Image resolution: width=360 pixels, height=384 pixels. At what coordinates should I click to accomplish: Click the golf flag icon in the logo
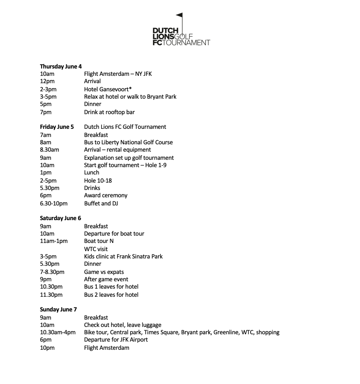coord(179,19)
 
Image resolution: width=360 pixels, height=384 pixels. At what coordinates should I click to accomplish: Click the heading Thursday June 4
coord(61,66)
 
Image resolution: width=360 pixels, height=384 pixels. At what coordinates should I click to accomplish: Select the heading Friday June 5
coord(57,127)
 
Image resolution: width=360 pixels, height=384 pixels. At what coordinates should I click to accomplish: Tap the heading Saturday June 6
coord(60,218)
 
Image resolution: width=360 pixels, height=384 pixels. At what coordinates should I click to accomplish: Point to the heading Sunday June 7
coord(58,309)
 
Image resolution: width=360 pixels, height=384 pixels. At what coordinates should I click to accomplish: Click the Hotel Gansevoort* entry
coord(108,89)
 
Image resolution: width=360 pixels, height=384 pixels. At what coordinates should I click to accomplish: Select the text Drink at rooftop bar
coord(109,112)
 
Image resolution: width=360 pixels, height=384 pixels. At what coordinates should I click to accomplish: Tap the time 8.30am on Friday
coord(49,150)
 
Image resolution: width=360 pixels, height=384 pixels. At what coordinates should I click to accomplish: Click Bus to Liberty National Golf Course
coord(128,142)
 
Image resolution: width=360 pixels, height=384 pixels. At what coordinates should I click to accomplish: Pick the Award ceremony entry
coord(106,195)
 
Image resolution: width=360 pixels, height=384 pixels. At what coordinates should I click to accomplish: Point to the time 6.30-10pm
coord(54,203)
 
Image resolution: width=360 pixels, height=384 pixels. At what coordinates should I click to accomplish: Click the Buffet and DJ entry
coord(101,203)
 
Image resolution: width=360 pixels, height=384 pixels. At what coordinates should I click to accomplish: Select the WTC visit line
coord(96,249)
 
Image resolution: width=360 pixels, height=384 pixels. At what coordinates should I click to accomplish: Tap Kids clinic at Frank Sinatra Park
coord(123,256)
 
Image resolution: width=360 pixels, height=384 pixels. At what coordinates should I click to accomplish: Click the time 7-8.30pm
coord(52,272)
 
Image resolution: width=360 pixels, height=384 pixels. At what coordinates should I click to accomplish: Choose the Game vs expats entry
coord(104,272)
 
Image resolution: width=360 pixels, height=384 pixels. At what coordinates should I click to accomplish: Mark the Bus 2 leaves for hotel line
coord(111,295)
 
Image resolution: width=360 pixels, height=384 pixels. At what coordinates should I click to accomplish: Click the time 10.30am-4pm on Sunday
coord(58,332)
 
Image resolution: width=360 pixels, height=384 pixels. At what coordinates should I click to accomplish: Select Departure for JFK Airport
coord(116,340)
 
